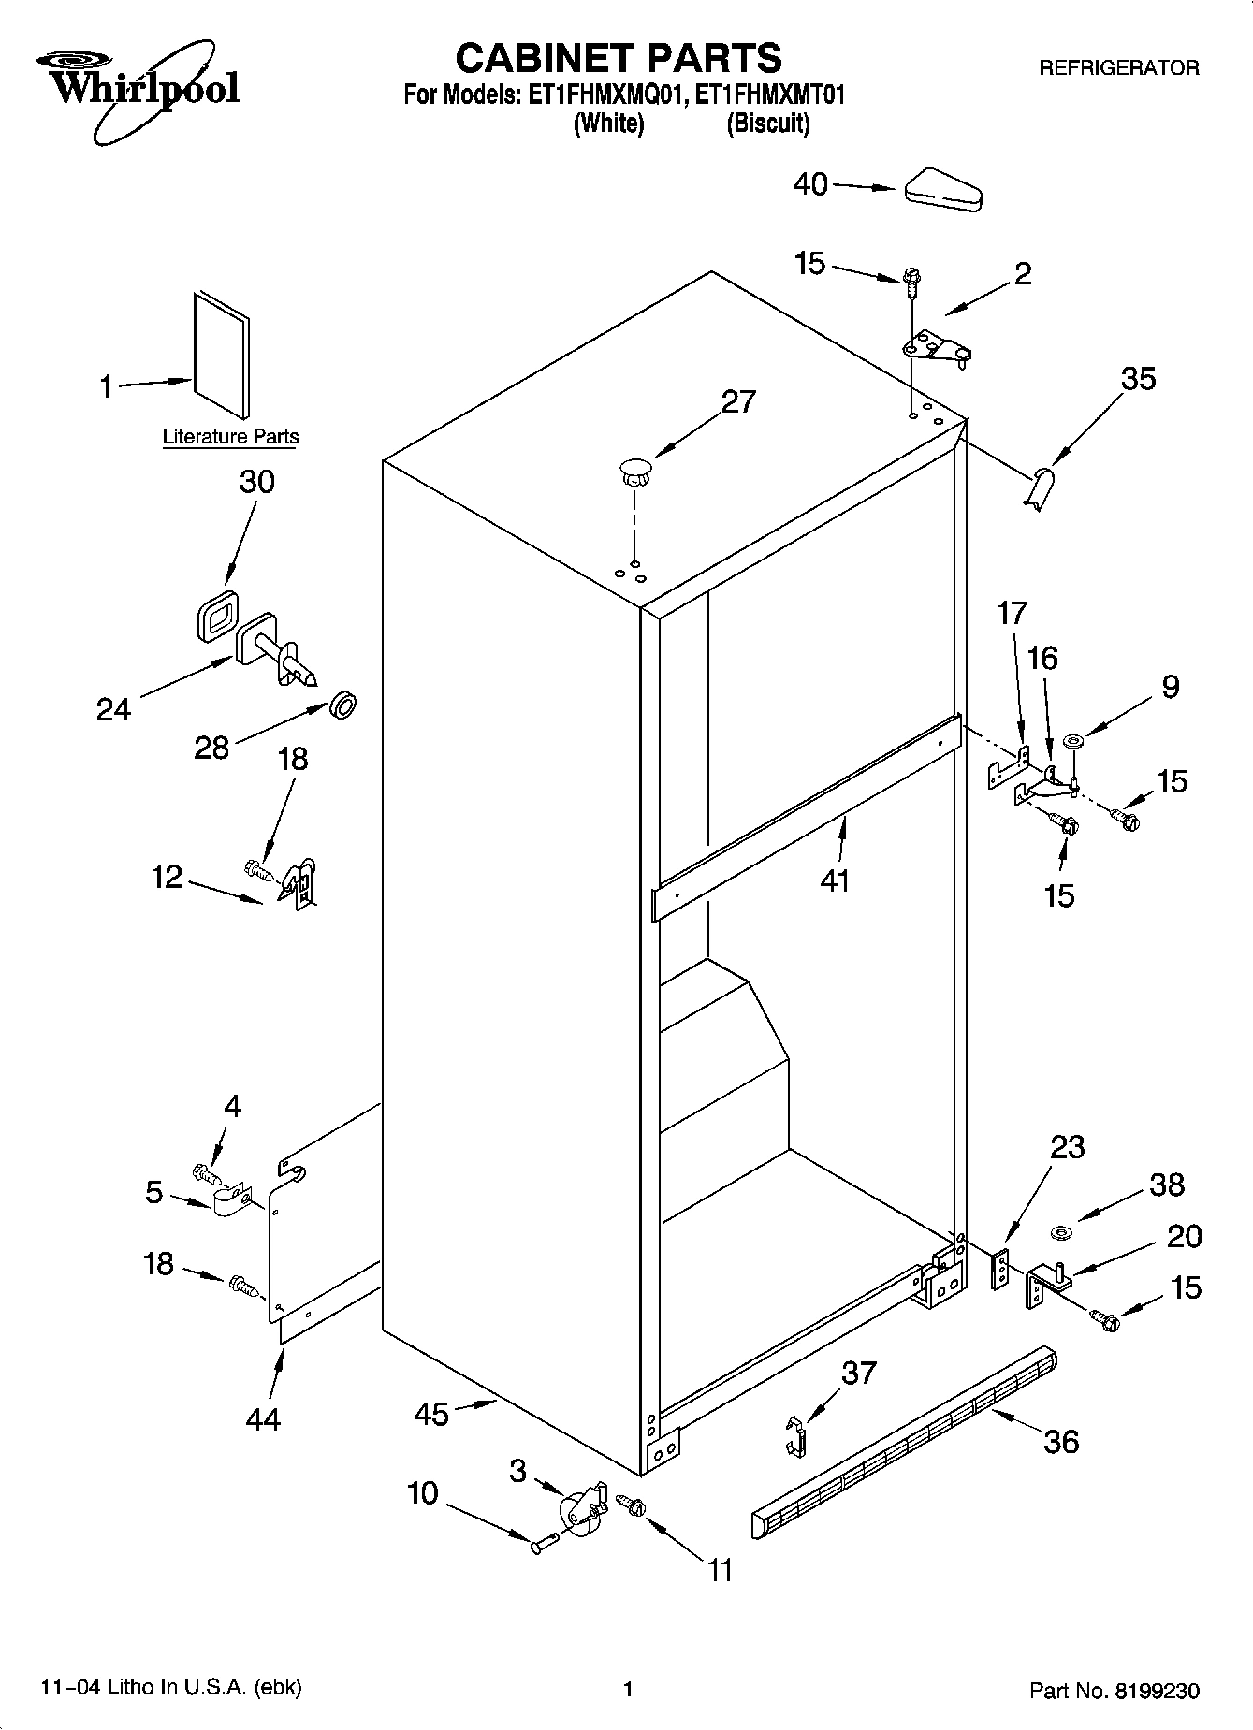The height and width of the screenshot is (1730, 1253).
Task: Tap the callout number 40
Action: (x=810, y=184)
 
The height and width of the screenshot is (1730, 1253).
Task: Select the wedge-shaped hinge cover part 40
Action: (x=942, y=191)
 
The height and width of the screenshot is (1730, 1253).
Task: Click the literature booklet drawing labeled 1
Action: (x=222, y=355)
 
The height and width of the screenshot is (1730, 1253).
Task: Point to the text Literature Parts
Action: (x=230, y=437)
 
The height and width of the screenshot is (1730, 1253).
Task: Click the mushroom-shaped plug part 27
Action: (x=635, y=470)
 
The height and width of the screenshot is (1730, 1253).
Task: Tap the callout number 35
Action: (x=1138, y=379)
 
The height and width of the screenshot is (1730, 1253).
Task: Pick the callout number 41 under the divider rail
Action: (x=834, y=880)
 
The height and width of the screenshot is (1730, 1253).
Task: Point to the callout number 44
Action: (x=263, y=1419)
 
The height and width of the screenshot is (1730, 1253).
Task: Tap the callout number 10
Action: (x=423, y=1493)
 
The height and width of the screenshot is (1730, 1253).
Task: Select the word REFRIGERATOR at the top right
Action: (x=1119, y=68)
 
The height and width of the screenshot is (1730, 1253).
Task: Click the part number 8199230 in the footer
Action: (x=1156, y=1690)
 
